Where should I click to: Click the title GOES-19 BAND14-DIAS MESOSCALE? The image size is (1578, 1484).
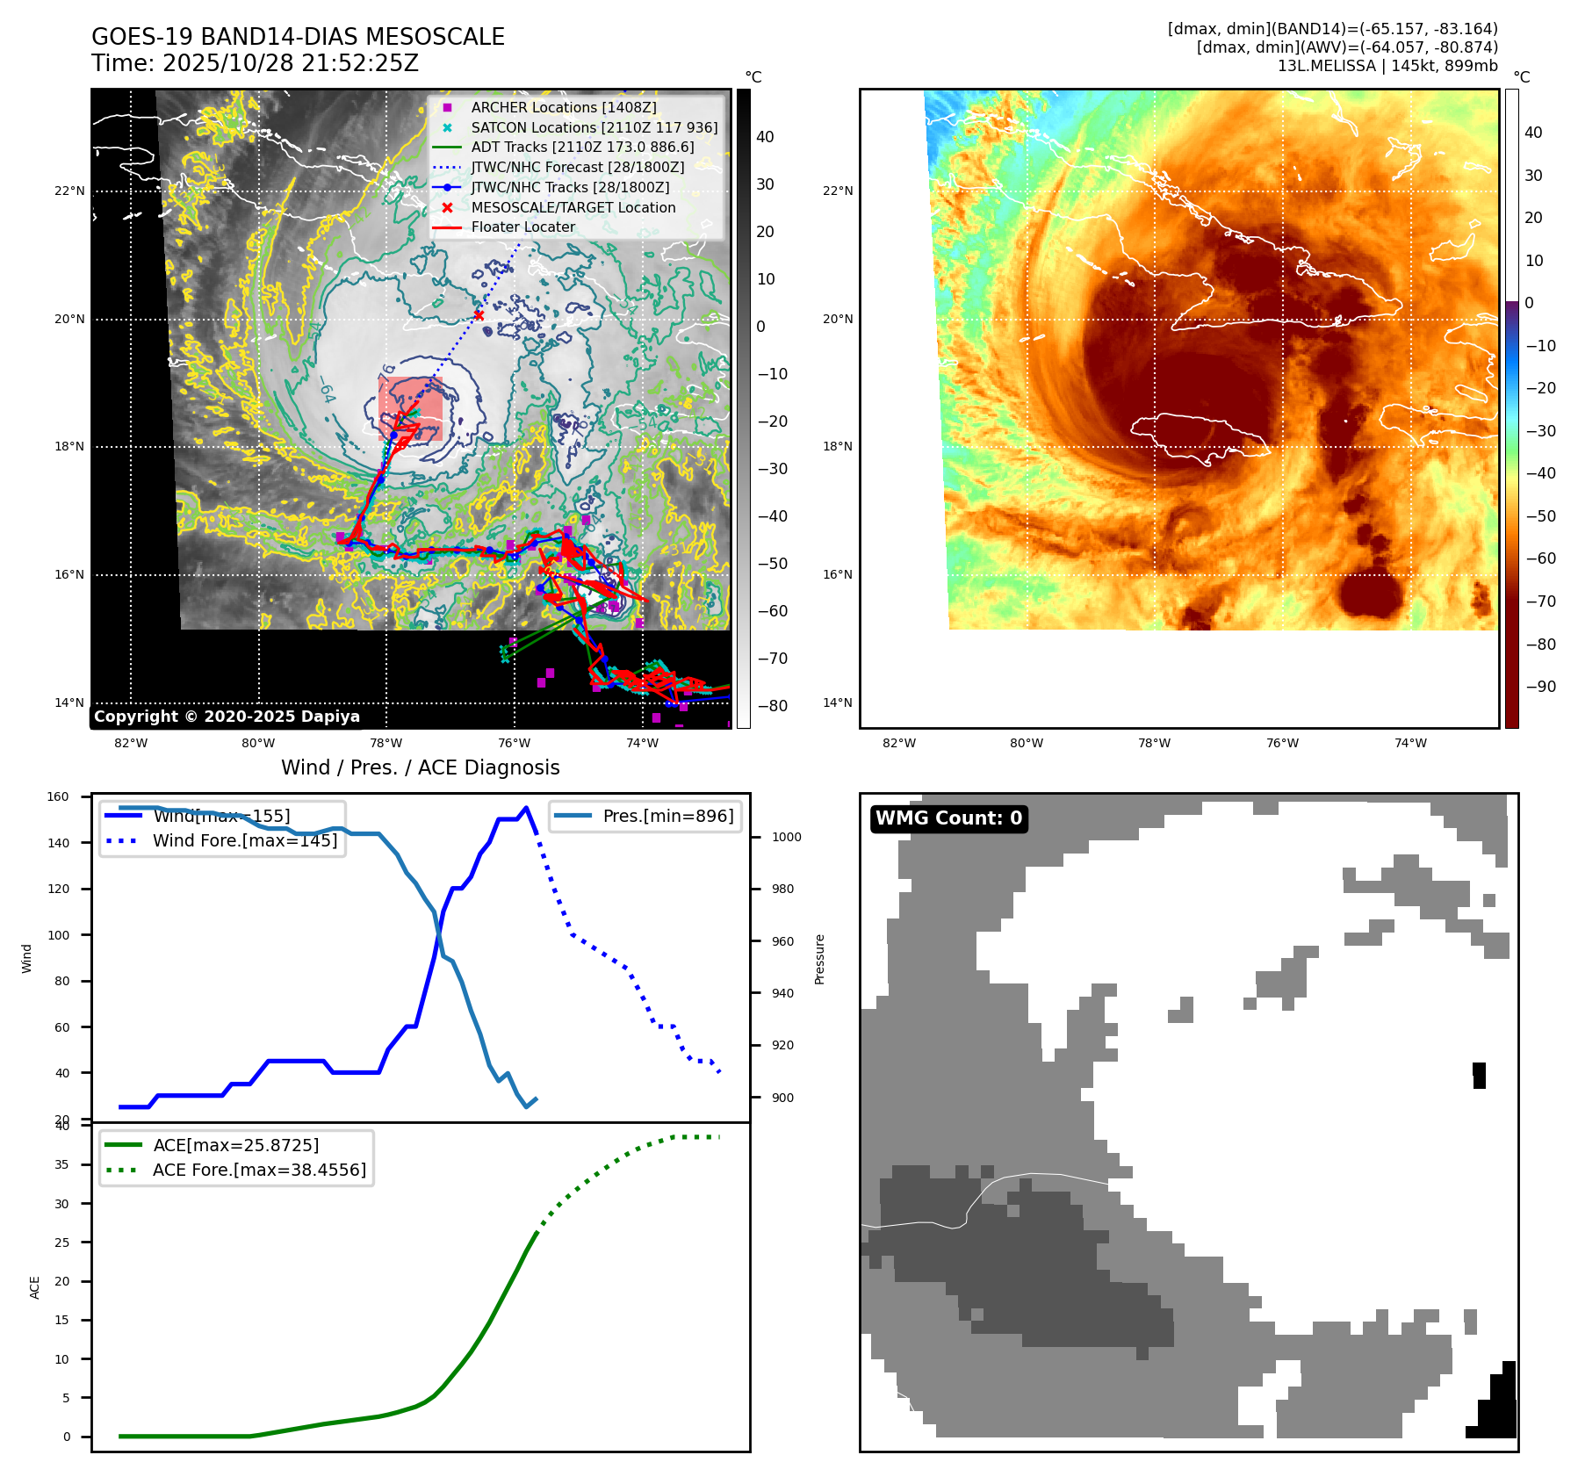click(x=298, y=37)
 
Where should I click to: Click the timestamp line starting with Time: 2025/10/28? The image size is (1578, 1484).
click(x=255, y=63)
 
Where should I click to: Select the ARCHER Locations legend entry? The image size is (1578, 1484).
click(x=563, y=107)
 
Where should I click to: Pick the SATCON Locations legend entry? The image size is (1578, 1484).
click(x=594, y=127)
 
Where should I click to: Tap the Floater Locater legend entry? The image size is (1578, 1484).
click(x=522, y=227)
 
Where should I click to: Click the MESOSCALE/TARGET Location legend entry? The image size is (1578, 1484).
click(x=573, y=207)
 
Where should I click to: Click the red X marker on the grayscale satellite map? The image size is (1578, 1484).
click(x=479, y=315)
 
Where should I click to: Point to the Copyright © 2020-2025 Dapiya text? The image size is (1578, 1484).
click(x=227, y=717)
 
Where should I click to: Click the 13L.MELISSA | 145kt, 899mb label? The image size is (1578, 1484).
click(x=1387, y=66)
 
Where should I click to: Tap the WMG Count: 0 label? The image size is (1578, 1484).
click(x=948, y=818)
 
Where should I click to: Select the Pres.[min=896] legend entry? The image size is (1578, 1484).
click(x=667, y=816)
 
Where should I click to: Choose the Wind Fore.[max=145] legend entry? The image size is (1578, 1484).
click(x=244, y=840)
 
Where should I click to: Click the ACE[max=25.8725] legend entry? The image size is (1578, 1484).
click(x=235, y=1145)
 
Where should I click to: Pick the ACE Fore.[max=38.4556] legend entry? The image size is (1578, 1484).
click(x=259, y=1170)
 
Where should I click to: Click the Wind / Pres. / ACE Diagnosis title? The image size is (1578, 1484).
click(x=420, y=767)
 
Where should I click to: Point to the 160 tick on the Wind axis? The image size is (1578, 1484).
click(x=58, y=797)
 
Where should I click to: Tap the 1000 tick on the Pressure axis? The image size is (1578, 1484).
click(x=786, y=837)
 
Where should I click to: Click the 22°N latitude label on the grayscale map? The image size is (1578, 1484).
click(x=70, y=191)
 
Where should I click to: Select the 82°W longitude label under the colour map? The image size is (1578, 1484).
click(x=898, y=743)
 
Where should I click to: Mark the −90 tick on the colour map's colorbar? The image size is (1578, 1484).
click(x=1540, y=687)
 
